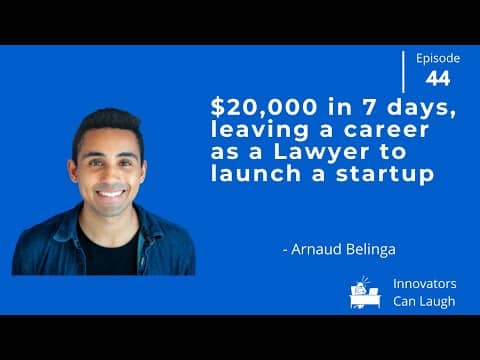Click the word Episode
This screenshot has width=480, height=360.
click(437, 58)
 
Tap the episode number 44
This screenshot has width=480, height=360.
click(437, 78)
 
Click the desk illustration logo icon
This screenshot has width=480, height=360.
click(366, 292)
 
